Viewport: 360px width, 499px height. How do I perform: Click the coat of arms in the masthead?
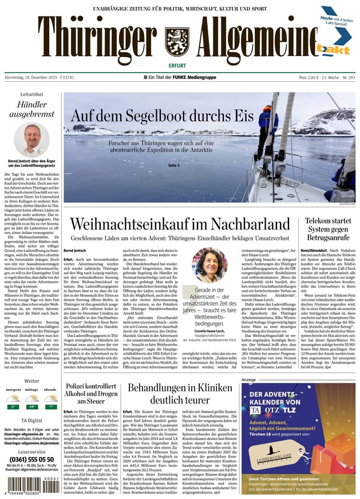coord(176,42)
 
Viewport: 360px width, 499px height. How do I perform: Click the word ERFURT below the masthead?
coord(176,64)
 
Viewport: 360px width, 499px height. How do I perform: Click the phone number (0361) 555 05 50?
coord(31,459)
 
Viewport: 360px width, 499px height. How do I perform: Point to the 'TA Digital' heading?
coord(31,419)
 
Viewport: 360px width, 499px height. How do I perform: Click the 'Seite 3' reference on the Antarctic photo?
coord(174,165)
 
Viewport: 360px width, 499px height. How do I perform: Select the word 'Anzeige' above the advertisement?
coord(248,379)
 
